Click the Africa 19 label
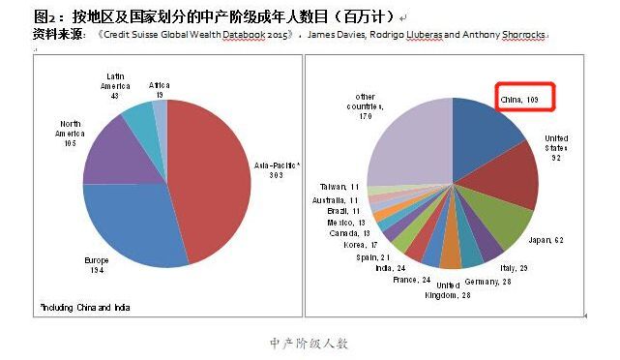tap(160, 89)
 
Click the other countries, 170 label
tap(366, 105)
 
